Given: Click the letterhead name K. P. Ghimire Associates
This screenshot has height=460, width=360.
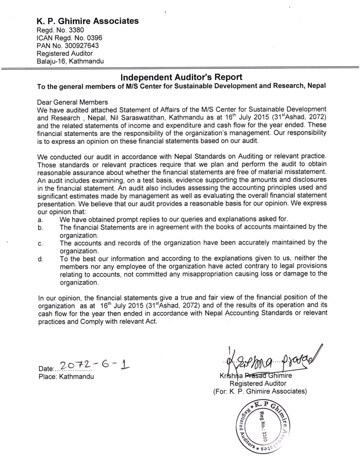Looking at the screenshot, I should [x=87, y=21].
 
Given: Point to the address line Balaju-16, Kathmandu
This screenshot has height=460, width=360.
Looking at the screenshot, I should [x=70, y=61].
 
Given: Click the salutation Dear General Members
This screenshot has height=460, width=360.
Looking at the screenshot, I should [x=73, y=102].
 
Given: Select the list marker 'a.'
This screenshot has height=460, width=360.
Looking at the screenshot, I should [x=41, y=219].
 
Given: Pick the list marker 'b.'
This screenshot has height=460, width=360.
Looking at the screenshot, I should [x=41, y=228].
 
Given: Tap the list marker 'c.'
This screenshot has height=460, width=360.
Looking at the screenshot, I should [x=41, y=243].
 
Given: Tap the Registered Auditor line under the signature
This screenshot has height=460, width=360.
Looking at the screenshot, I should [x=258, y=384].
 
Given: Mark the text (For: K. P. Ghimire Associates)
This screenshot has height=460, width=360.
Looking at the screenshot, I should [x=260, y=391].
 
